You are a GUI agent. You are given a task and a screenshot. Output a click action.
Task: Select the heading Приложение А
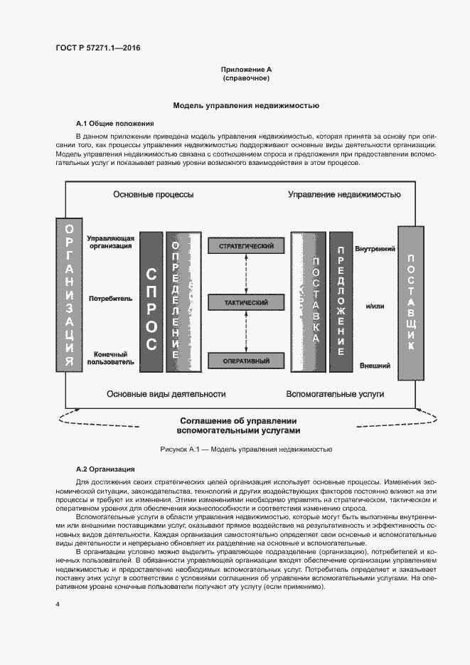click(246, 70)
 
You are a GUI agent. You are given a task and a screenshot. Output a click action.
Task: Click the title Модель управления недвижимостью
click(246, 105)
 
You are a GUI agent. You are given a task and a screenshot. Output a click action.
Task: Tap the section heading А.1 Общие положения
click(110, 123)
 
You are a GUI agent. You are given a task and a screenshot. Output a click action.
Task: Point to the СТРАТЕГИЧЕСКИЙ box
click(246, 246)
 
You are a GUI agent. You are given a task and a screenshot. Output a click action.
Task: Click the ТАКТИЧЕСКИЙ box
click(246, 303)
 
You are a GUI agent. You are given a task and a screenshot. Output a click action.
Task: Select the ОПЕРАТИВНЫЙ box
click(246, 360)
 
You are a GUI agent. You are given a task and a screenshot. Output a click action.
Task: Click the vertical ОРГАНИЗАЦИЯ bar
click(68, 294)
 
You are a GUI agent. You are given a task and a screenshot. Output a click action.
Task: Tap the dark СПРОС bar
click(151, 301)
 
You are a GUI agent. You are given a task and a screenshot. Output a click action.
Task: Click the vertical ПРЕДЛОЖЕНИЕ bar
click(341, 301)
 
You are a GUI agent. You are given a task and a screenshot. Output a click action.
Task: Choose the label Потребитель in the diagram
click(110, 299)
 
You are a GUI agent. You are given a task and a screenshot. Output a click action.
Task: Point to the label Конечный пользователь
click(110, 357)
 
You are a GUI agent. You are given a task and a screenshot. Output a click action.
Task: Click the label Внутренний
click(375, 249)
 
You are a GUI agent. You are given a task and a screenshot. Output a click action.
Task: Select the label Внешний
click(375, 366)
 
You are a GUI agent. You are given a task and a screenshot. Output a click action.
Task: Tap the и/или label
click(375, 307)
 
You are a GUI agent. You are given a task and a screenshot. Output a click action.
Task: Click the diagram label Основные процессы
click(153, 194)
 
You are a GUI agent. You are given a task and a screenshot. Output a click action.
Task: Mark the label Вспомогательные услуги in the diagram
click(335, 393)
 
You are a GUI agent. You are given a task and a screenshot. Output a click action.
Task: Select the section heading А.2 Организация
click(105, 469)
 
